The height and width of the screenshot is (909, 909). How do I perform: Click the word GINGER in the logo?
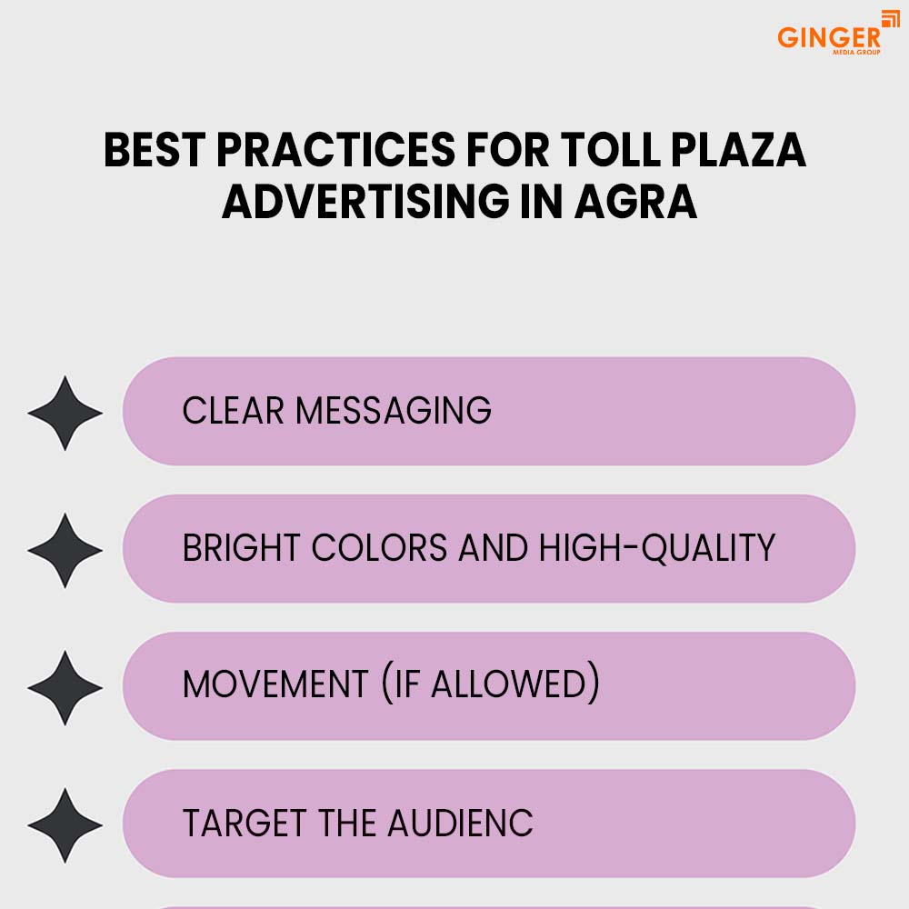pos(829,37)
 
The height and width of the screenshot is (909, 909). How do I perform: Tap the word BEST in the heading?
pos(155,150)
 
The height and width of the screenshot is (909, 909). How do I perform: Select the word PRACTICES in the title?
pos(336,150)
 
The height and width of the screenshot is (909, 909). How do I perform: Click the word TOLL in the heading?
pos(611,150)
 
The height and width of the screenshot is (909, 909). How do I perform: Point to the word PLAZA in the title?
pos(738,150)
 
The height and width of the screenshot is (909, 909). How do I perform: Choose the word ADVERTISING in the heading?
pos(365,202)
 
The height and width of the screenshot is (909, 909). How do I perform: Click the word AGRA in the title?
pos(636,202)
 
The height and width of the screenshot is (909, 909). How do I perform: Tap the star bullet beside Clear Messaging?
pos(65,413)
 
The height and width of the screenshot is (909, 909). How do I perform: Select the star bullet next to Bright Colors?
pos(65,550)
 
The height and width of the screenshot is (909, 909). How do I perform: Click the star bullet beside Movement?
pos(65,687)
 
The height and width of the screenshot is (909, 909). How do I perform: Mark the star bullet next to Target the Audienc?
pos(65,825)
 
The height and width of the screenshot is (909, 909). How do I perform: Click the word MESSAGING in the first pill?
pos(394,411)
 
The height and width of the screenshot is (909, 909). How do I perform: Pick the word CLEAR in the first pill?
pos(233,411)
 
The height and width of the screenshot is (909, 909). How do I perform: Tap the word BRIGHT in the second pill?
pos(241,548)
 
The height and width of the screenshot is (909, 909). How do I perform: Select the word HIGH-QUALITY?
pos(657,548)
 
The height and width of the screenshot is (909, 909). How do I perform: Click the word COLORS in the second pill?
pos(380,548)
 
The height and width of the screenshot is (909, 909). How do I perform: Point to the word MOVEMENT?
pos(275,684)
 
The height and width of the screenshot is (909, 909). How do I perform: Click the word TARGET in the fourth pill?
pos(245,824)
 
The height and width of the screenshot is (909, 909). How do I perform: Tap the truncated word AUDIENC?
pos(461,824)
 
